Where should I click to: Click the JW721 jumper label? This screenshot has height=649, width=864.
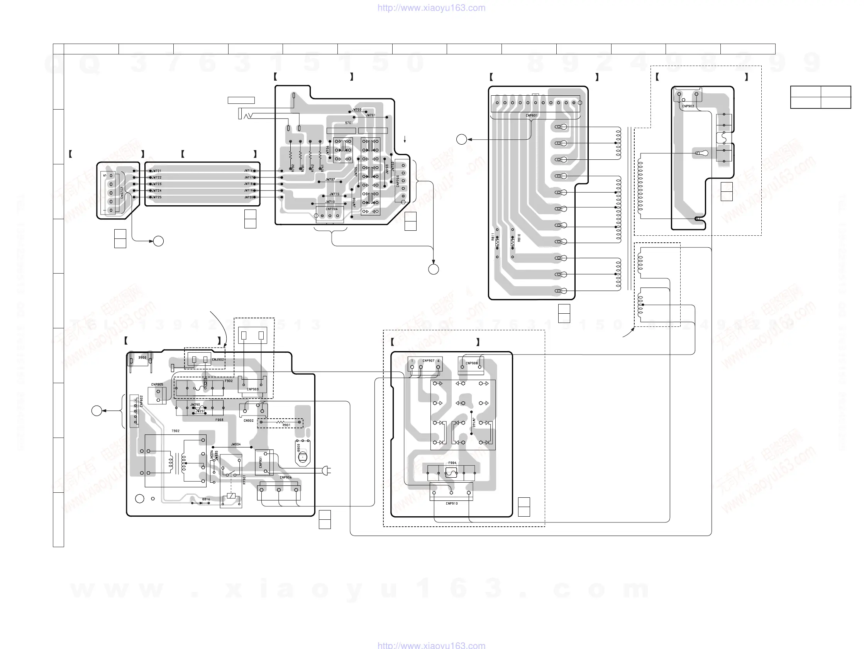[x=156, y=171]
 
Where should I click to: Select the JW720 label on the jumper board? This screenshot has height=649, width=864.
[x=248, y=197]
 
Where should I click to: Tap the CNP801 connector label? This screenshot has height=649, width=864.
[x=531, y=116]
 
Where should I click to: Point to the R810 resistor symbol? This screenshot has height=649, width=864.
[x=512, y=243]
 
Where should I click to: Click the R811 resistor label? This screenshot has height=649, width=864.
[x=493, y=237]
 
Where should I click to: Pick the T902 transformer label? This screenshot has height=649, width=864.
[x=176, y=431]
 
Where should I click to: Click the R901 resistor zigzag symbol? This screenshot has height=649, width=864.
[x=280, y=422]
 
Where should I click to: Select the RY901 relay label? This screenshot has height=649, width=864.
[x=244, y=480]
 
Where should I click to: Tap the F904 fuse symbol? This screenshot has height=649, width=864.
[x=451, y=473]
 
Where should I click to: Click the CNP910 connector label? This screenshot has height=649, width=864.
[x=452, y=504]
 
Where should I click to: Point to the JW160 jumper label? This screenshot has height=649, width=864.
[x=474, y=423]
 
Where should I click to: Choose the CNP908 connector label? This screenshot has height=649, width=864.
[x=471, y=363]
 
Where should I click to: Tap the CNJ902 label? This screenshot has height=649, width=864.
[x=218, y=360]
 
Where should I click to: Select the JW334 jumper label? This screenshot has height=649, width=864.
[x=236, y=444]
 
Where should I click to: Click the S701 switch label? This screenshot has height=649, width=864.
[x=349, y=123]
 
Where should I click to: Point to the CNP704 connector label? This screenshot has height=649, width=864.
[x=332, y=209]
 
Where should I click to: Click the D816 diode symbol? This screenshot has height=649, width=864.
[x=201, y=503]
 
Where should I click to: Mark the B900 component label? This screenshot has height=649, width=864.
[x=142, y=357]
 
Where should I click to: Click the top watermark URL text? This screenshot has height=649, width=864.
[x=431, y=8]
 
